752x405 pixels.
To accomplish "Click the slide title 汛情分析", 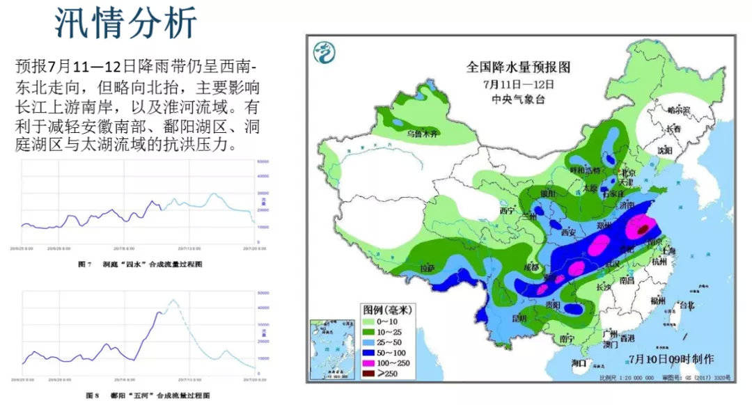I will tap(126, 24).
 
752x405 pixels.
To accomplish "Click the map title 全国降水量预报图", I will tap(518, 67).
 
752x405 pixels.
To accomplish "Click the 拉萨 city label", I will tap(426, 267).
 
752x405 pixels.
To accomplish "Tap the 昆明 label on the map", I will tap(519, 319).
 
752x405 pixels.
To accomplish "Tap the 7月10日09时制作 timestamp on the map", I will tap(671, 359).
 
